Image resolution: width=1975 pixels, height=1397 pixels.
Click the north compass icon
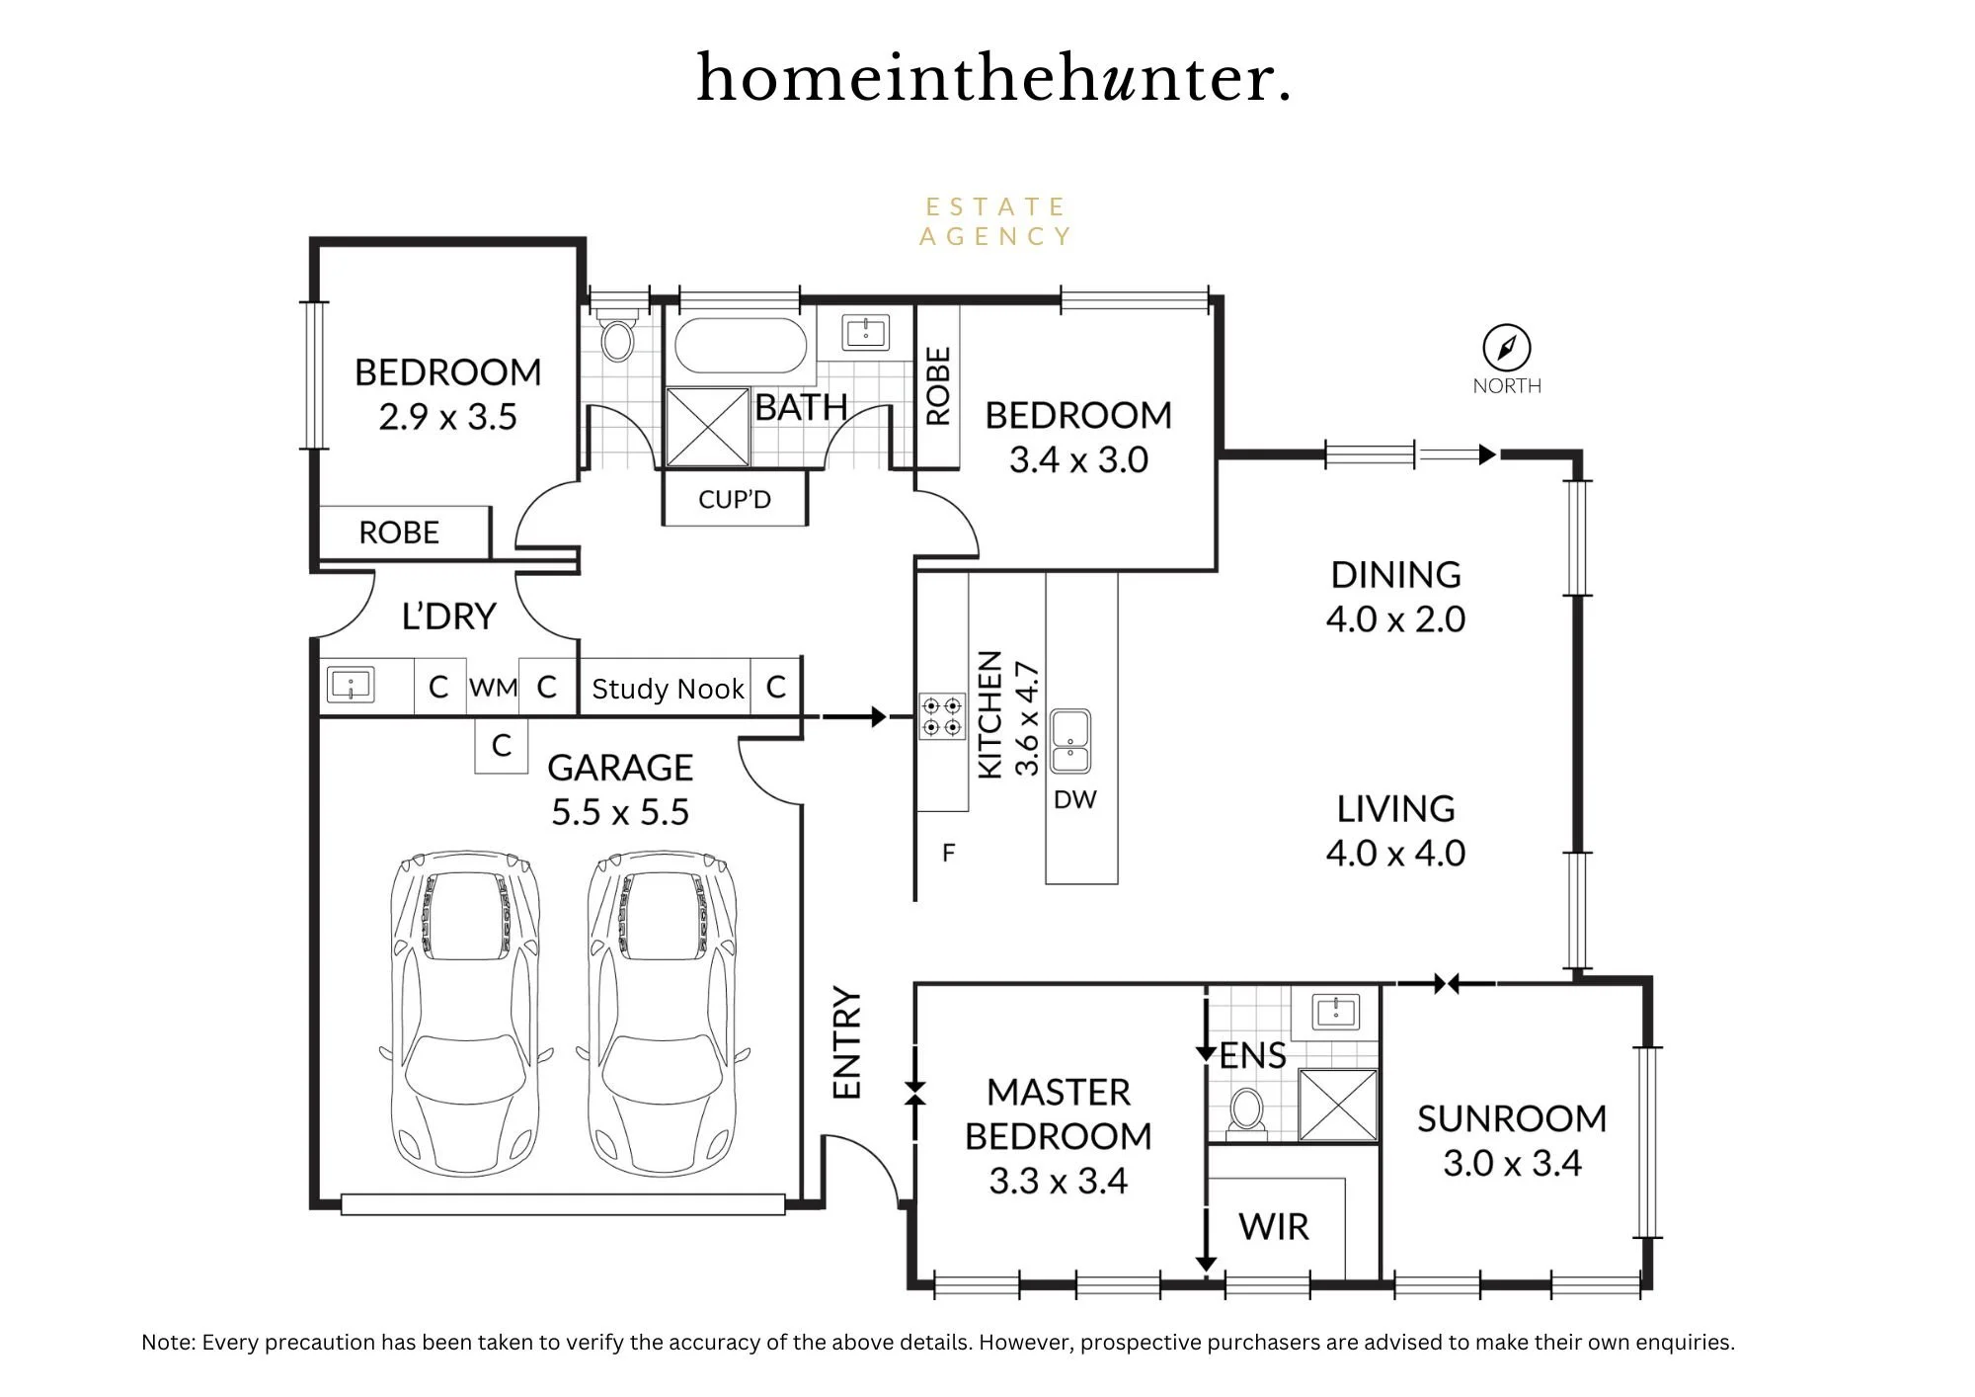click(x=1507, y=348)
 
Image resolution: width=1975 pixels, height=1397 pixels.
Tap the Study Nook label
click(x=668, y=689)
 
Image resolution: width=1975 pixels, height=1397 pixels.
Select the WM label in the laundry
click(x=493, y=687)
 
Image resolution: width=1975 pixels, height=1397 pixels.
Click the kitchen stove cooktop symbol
click(x=942, y=717)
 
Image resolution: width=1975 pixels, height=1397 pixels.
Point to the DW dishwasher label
click(x=1075, y=799)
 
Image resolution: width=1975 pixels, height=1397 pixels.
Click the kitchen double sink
click(x=1070, y=741)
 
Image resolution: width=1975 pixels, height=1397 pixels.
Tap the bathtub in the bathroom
click(x=741, y=345)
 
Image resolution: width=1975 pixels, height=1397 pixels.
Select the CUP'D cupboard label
click(x=735, y=500)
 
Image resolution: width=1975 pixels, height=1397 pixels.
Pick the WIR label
click(x=1274, y=1226)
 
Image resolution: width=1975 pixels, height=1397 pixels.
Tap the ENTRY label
click(x=847, y=1042)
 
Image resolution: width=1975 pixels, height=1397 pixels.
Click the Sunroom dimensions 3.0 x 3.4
click(x=1512, y=1163)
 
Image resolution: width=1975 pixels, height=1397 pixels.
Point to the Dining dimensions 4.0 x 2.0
click(x=1395, y=619)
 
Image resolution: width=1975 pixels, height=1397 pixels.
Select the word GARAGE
click(x=620, y=768)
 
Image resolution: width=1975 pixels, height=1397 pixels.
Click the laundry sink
click(x=351, y=685)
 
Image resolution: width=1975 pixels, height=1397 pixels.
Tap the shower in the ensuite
click(x=1338, y=1105)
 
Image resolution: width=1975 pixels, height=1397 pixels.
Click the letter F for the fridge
click(x=949, y=853)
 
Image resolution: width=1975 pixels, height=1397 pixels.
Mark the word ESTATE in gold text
click(x=995, y=207)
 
